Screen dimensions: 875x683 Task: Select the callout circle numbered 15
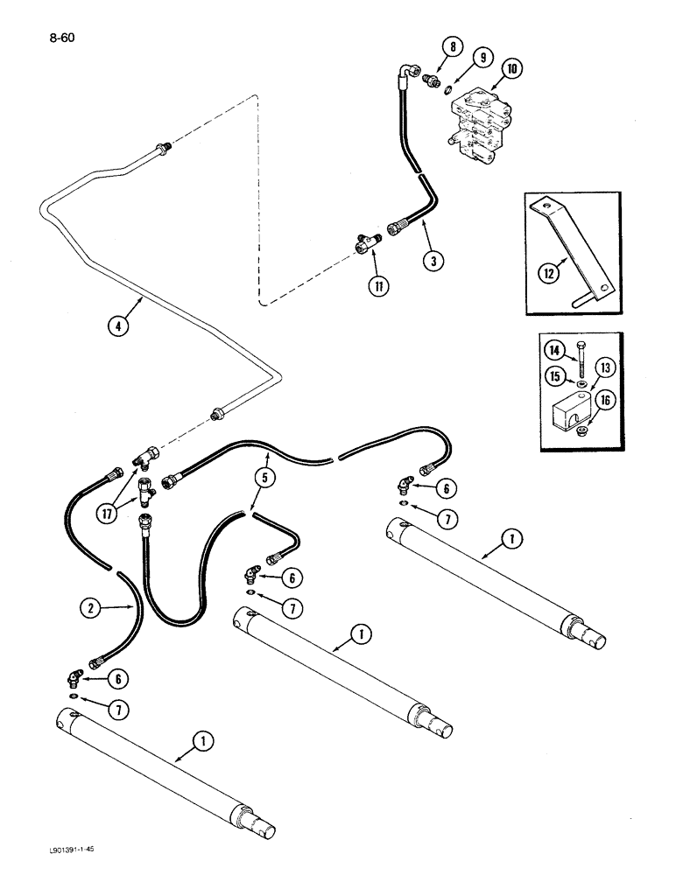pyautogui.click(x=554, y=377)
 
